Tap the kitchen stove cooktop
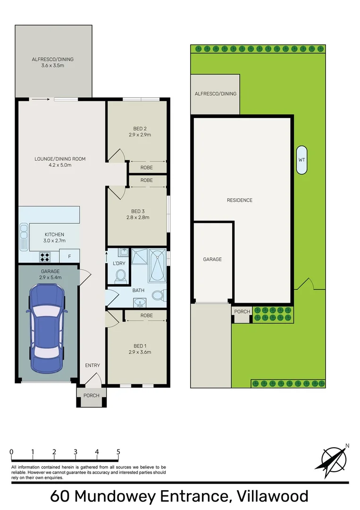[45, 257]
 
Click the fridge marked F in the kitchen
[69, 256]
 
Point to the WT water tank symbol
[301, 160]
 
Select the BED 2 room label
[139, 128]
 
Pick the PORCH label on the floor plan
[92, 395]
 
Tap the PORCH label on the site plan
[242, 312]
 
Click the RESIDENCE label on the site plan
[240, 200]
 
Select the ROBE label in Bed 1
[146, 315]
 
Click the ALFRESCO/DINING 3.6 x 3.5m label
[53, 62]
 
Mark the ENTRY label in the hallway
[92, 365]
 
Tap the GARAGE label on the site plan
[212, 259]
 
